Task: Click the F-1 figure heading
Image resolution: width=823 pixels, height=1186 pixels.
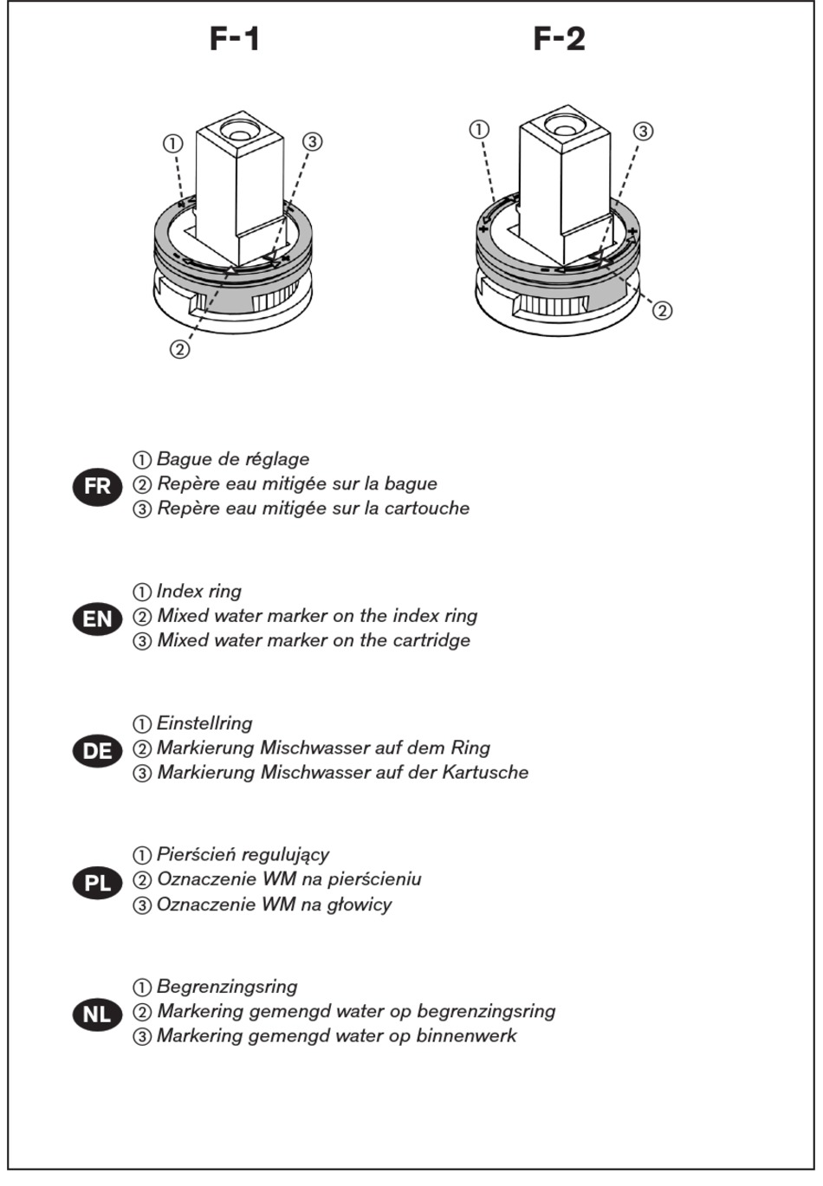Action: pyautogui.click(x=235, y=39)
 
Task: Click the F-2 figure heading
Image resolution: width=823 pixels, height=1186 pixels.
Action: pyautogui.click(x=559, y=39)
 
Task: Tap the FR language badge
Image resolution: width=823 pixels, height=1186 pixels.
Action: pyautogui.click(x=98, y=487)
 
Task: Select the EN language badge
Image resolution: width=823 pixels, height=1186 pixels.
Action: pyautogui.click(x=98, y=619)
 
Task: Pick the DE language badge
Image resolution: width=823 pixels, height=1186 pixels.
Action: pyautogui.click(x=98, y=750)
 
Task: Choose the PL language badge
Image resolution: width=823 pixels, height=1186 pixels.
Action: pyautogui.click(x=98, y=883)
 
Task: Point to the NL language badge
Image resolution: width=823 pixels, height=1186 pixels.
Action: pyautogui.click(x=98, y=1014)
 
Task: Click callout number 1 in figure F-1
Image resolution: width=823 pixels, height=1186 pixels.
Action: pyautogui.click(x=173, y=143)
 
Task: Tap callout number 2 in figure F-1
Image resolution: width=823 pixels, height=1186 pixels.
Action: pyautogui.click(x=179, y=349)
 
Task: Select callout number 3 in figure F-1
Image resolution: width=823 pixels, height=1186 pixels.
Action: pyautogui.click(x=313, y=141)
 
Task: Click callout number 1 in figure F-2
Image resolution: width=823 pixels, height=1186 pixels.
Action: pyautogui.click(x=479, y=129)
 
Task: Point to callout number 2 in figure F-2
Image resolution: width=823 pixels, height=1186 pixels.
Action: pyautogui.click(x=662, y=310)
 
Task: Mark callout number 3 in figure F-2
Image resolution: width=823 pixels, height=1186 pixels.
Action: pyautogui.click(x=642, y=131)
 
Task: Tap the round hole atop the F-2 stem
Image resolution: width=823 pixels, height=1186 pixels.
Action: pyautogui.click(x=565, y=123)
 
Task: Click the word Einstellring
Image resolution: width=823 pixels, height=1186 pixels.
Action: pyautogui.click(x=204, y=723)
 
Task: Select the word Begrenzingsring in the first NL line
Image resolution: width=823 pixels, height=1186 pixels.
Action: pyautogui.click(x=227, y=987)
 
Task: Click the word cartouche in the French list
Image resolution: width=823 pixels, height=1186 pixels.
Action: pyautogui.click(x=427, y=509)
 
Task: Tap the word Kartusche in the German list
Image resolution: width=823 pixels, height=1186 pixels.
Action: pyautogui.click(x=485, y=773)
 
